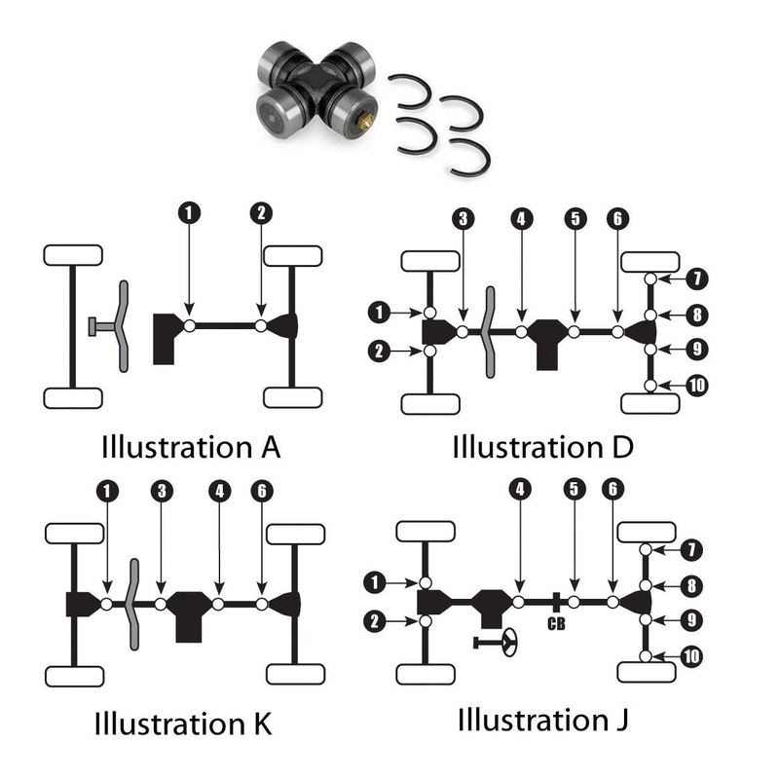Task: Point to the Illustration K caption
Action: pyautogui.click(x=182, y=723)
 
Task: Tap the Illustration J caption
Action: pyautogui.click(x=542, y=722)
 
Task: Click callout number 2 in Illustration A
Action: pyautogui.click(x=259, y=211)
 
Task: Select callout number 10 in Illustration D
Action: pyautogui.click(x=694, y=386)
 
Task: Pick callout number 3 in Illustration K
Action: pyautogui.click(x=161, y=490)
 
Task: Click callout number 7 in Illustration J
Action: pyautogui.click(x=692, y=550)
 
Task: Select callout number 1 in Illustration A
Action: pyautogui.click(x=189, y=211)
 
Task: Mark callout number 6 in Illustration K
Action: pyautogui.click(x=260, y=490)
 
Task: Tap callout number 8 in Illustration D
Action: pyautogui.click(x=694, y=315)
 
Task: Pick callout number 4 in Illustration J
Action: pyautogui.click(x=521, y=490)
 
